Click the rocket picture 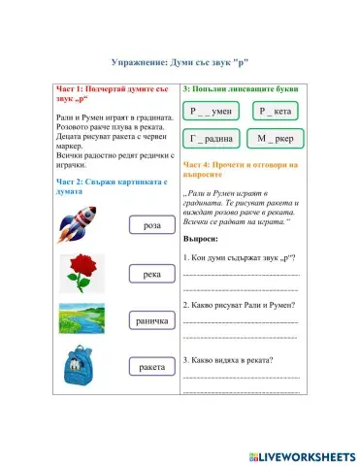[79, 226]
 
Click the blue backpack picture [79, 367]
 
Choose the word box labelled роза [150, 225]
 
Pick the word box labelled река [150, 275]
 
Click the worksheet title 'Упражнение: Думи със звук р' [180, 61]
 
